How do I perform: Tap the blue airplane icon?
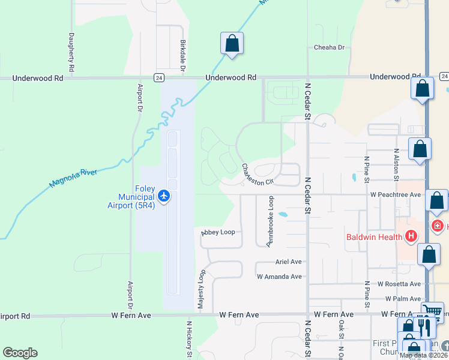point(164,196)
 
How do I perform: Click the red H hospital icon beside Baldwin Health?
point(411,236)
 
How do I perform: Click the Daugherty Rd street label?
point(71,53)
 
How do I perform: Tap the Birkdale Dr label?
point(182,56)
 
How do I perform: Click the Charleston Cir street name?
point(258,174)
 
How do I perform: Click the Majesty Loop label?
point(202,289)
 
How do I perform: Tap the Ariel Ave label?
point(288,262)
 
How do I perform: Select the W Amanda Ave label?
point(279,277)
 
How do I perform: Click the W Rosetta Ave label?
point(399,284)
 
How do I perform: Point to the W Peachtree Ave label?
point(396,195)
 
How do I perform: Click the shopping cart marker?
point(432,311)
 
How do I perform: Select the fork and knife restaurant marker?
point(425,326)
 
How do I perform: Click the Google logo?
point(20,353)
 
